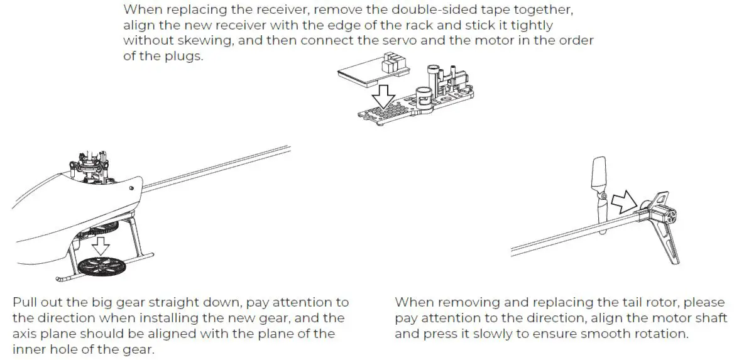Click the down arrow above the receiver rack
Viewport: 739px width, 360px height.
[382, 97]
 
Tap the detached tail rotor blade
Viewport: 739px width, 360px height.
[599, 188]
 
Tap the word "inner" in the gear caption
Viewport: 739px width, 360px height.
[28, 348]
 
